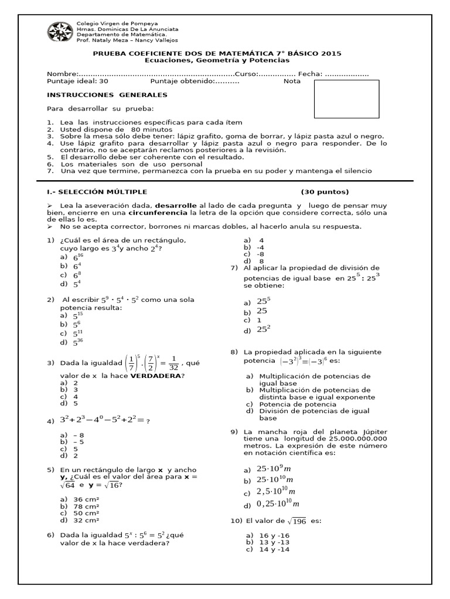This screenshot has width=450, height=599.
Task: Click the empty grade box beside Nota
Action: tap(347, 99)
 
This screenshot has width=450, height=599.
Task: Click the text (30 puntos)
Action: tap(325, 192)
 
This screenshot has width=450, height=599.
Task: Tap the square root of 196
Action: tap(296, 521)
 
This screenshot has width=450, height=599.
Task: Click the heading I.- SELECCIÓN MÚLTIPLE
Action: tap(97, 192)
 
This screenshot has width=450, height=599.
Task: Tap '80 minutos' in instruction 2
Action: tap(151, 129)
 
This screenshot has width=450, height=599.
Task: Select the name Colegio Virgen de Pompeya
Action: tap(113, 23)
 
